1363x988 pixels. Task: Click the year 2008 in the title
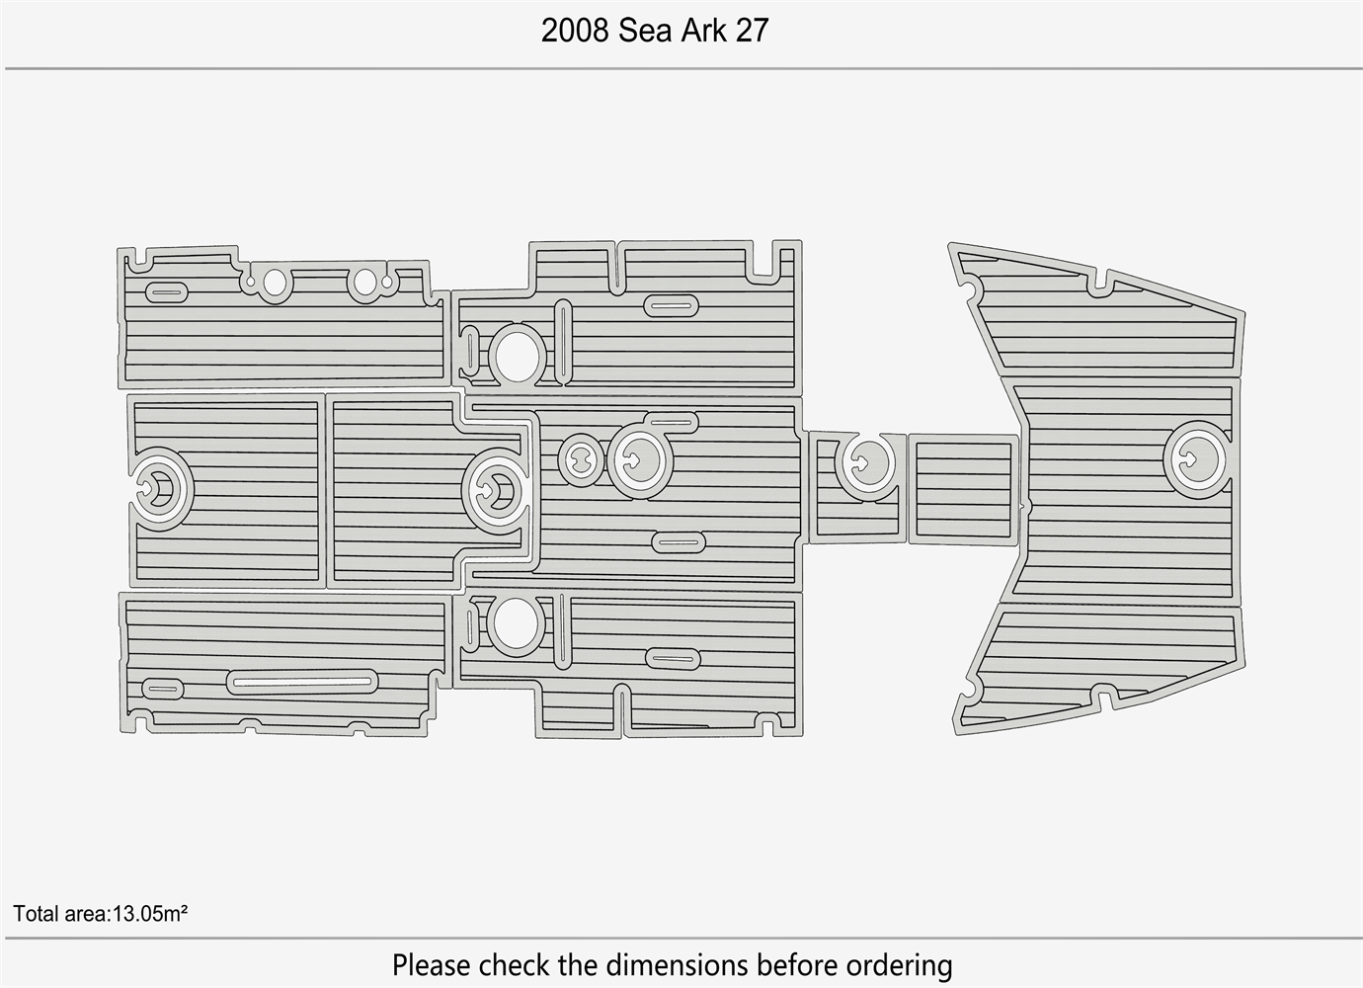pos(575,31)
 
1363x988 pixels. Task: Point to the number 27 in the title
pos(752,31)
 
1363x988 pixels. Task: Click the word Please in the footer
pos(431,965)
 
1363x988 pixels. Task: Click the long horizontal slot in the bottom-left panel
pos(302,682)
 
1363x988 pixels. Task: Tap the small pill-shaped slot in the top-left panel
pos(167,292)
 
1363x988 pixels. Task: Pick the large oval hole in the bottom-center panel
pos(516,623)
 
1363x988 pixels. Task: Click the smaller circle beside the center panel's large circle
pos(581,460)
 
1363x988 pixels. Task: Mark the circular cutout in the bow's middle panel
pos(1194,459)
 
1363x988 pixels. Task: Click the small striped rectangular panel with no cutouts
pos(963,489)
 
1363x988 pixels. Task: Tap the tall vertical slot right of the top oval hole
pos(563,342)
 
